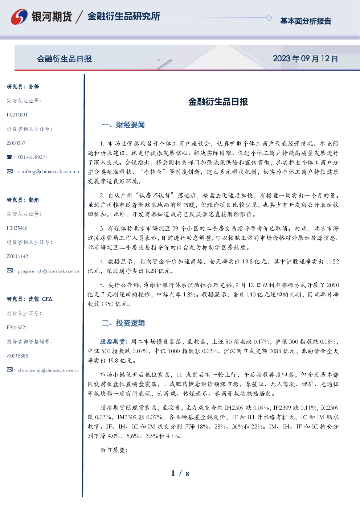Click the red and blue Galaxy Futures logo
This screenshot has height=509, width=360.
pos(19,17)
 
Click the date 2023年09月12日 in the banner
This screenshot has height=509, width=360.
pos(306,59)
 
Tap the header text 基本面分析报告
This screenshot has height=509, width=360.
pos(306,21)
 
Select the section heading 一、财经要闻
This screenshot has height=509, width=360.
pos(123,125)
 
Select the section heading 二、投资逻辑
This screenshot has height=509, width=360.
pos(123,323)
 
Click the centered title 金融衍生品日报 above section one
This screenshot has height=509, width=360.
pos(218,102)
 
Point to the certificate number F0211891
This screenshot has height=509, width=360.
pos(17,115)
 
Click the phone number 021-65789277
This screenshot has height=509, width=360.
pos(33,157)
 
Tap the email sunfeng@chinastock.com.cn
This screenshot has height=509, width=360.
pos(49,172)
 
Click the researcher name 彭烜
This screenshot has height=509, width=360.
pos(34,200)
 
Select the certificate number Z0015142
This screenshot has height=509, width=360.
pos(17,256)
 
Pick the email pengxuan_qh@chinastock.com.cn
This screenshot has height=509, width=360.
pos(48,271)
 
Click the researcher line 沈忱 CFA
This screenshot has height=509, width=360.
pos(40,299)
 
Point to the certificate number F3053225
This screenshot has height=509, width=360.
pos(17,328)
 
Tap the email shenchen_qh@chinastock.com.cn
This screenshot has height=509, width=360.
pos(48,370)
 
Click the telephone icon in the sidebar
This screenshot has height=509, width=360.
pos(9,157)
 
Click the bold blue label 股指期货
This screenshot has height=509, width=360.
pos(112,341)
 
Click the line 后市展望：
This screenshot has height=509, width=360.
pos(114,450)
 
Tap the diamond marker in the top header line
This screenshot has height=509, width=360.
pos(269,18)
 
